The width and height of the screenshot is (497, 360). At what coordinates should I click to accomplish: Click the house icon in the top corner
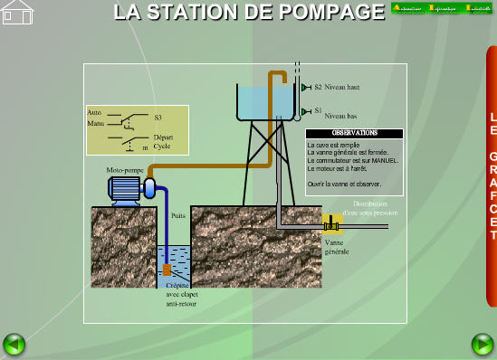tap(17, 13)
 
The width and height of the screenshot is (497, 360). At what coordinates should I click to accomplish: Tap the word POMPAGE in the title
tap(328, 13)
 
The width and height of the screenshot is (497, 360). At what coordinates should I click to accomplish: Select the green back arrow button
tap(14, 344)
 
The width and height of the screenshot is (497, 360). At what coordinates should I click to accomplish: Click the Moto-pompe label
tap(125, 170)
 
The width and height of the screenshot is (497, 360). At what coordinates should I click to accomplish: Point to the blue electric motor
tap(126, 188)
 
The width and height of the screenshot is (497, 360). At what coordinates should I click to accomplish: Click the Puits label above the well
tap(177, 216)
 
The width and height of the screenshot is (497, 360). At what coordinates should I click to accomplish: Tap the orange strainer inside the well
tap(167, 270)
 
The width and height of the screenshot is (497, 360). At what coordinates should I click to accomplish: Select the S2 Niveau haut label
tap(336, 88)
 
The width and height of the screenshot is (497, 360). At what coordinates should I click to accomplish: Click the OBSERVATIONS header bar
tap(354, 133)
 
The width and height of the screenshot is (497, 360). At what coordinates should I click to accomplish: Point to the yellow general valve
tap(332, 223)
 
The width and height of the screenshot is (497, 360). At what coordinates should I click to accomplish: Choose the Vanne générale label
tap(336, 247)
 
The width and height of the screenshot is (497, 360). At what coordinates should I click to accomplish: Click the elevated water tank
tap(268, 103)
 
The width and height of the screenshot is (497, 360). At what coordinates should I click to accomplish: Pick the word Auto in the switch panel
tap(94, 112)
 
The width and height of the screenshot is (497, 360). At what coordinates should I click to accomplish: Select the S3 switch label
tap(158, 118)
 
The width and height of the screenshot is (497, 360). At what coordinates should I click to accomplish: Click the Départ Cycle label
tap(162, 142)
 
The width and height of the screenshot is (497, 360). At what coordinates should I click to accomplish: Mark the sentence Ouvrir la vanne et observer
tap(344, 184)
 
